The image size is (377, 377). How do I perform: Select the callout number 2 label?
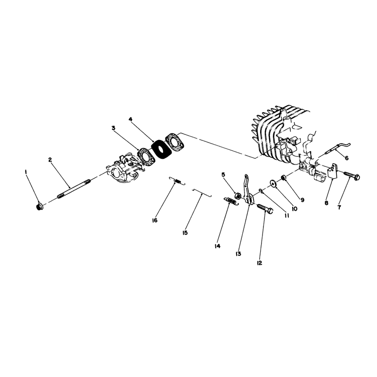(50, 160)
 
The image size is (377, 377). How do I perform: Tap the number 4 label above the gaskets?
(131, 119)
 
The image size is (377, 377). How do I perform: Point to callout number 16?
(155, 220)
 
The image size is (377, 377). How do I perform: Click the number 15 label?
(185, 233)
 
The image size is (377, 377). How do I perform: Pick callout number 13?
(238, 254)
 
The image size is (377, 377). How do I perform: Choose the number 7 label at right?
(339, 207)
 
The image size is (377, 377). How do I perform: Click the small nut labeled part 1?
(39, 206)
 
